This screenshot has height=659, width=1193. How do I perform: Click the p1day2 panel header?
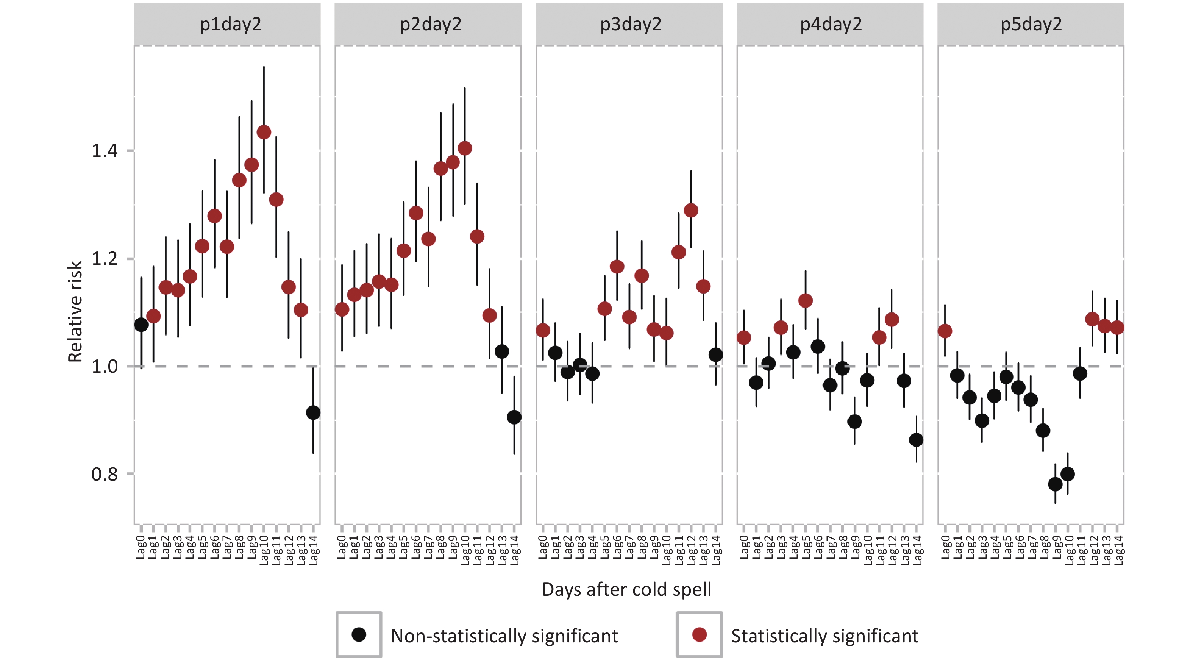(230, 24)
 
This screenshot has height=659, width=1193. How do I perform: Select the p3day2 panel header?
(631, 24)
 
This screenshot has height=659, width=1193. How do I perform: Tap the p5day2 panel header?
(1031, 24)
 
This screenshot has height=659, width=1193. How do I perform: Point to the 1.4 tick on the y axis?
(105, 150)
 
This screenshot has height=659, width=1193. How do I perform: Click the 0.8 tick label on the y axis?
(105, 474)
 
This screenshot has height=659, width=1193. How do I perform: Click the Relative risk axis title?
(75, 311)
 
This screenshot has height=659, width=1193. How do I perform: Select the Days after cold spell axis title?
(626, 590)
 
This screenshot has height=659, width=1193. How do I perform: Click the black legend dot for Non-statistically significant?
(359, 634)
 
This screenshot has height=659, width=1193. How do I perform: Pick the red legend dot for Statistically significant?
(699, 634)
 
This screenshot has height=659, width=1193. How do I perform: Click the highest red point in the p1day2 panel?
(264, 133)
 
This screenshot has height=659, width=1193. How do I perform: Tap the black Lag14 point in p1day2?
(314, 412)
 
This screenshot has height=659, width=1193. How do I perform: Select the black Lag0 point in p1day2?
(141, 325)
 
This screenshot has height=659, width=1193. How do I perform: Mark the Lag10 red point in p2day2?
(465, 149)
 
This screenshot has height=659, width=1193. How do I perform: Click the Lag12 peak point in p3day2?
(690, 211)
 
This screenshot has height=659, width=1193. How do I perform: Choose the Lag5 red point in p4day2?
(805, 301)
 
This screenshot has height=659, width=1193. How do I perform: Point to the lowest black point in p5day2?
(1056, 484)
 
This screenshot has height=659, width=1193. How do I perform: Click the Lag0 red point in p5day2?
(945, 331)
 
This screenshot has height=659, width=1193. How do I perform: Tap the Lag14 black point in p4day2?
(916, 440)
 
